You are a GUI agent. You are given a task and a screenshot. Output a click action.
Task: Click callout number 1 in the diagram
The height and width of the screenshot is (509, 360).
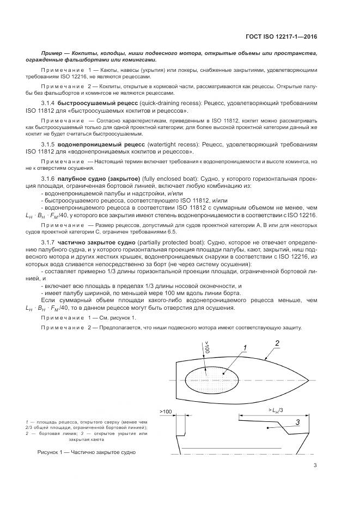pyautogui.click(x=245, y=348)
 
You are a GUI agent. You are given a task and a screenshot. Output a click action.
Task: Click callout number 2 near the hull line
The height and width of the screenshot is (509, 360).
pyautogui.click(x=277, y=343)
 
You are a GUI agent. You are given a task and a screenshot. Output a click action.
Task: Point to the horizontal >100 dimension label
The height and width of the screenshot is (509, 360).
pyautogui.click(x=166, y=411)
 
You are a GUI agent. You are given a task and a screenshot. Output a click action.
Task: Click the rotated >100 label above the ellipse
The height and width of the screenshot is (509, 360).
pyautogui.click(x=206, y=347)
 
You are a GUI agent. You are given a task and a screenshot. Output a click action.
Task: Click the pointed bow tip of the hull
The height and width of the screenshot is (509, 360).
pyautogui.click(x=308, y=379)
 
